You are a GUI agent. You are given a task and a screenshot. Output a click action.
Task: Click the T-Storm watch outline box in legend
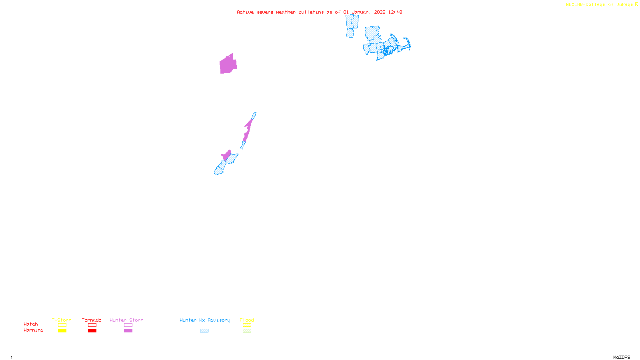click(62, 325)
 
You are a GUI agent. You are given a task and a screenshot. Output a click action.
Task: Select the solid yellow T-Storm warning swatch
click(62, 331)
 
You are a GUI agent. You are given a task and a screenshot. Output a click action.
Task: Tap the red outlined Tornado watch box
click(92, 325)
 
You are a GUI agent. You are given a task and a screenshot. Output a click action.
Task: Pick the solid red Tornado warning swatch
click(92, 331)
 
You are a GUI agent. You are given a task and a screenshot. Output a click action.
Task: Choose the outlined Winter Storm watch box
click(128, 325)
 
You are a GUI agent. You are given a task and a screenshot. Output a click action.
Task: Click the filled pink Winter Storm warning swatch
click(128, 331)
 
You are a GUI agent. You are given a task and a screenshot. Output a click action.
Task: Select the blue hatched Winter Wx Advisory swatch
click(204, 331)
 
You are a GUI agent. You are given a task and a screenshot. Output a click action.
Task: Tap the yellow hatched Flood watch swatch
click(247, 325)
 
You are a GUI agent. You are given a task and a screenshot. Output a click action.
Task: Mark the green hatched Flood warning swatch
click(247, 331)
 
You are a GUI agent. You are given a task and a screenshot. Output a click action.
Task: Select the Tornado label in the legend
click(92, 320)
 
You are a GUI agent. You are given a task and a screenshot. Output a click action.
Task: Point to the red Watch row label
click(31, 324)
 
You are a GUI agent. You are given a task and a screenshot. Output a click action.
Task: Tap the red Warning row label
click(33, 330)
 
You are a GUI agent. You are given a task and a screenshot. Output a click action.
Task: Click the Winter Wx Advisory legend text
click(205, 320)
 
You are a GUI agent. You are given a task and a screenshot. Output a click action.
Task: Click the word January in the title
click(362, 12)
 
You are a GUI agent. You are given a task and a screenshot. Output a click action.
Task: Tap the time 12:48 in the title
click(395, 12)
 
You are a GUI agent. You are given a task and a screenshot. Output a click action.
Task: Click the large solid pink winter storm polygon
click(228, 65)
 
